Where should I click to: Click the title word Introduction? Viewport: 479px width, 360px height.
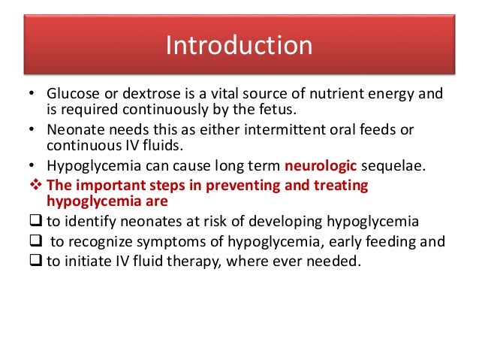(239, 46)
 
